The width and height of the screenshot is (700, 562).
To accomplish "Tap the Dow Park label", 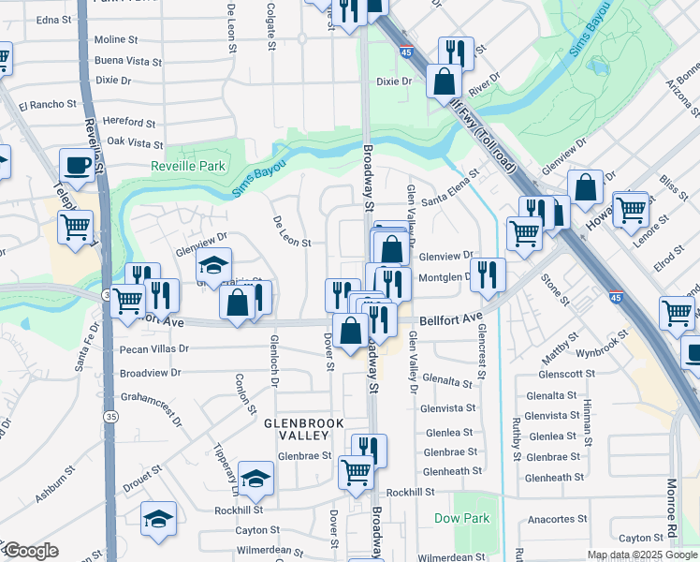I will [x=460, y=518].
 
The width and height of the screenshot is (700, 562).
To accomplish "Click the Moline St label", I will [x=116, y=40].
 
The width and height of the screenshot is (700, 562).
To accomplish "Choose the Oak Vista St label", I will [x=135, y=143].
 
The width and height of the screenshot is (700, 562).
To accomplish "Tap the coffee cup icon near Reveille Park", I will [x=77, y=165].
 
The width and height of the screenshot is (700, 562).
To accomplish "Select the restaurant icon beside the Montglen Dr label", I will [x=487, y=274].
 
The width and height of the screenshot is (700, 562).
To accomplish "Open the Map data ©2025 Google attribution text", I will [x=642, y=555].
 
